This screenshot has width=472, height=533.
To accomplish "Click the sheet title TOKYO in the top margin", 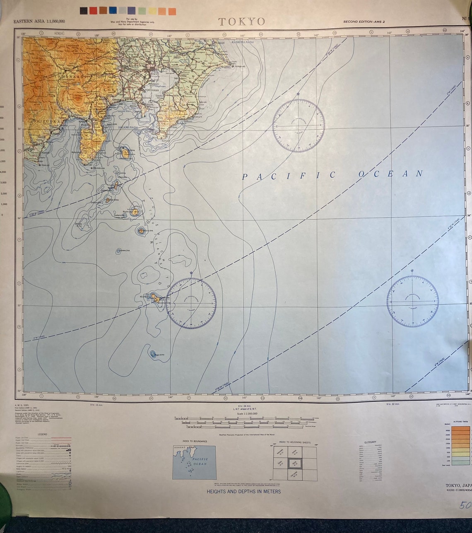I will [x=241, y=22].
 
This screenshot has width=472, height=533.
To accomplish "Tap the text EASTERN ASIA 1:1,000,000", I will [x=39, y=22].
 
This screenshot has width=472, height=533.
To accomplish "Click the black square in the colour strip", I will [x=84, y=11].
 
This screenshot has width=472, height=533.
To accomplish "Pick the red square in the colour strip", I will [x=93, y=11].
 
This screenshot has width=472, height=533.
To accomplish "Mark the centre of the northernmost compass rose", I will [x=298, y=126].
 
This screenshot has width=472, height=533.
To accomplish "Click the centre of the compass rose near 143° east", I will [x=412, y=301].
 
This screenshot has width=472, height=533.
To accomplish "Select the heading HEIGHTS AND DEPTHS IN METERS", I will [x=243, y=492].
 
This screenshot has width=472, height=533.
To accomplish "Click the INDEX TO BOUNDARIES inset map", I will [x=194, y=462].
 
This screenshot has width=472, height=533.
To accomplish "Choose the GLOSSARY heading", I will [x=370, y=442].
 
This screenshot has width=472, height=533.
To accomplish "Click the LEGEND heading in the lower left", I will [x=42, y=435].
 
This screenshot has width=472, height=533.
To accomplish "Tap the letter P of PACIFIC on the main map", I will [x=244, y=177].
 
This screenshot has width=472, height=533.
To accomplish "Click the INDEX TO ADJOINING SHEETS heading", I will [x=294, y=442].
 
